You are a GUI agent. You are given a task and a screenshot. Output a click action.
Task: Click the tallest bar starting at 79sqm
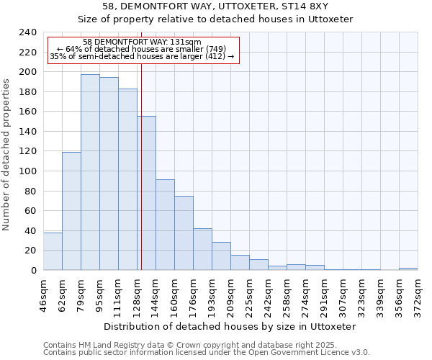pyautogui.click(x=90, y=172)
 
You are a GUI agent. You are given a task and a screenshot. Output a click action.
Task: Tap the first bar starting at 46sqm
pyautogui.click(x=53, y=251)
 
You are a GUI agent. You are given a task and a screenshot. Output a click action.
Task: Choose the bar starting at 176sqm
pyautogui.click(x=202, y=249)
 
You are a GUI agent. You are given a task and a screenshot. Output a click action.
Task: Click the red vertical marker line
pyautogui.click(x=142, y=180)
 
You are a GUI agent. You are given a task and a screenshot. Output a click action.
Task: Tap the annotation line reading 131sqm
pyautogui.click(x=142, y=42)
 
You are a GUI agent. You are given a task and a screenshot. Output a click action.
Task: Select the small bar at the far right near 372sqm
pyautogui.click(x=408, y=269)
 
